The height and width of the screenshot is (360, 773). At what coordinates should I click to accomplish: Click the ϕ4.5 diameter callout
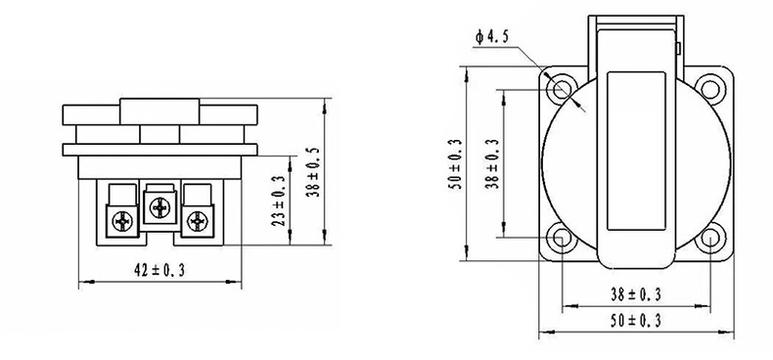491,37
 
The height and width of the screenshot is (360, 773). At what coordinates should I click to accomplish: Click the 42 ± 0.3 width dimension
159,270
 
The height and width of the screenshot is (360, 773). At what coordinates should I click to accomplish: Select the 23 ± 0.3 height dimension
279,201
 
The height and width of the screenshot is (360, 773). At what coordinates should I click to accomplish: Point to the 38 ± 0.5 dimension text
313,172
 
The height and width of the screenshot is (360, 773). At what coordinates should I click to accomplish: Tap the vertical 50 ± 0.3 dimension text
456,164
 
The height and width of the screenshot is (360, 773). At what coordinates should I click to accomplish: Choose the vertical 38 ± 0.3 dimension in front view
494,163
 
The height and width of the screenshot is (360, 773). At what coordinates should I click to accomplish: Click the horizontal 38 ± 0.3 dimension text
635,294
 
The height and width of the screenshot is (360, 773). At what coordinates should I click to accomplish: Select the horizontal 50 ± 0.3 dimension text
635,321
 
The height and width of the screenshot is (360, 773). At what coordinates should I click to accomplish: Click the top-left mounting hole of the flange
561,89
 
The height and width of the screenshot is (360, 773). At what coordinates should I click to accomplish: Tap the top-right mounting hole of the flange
710,89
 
